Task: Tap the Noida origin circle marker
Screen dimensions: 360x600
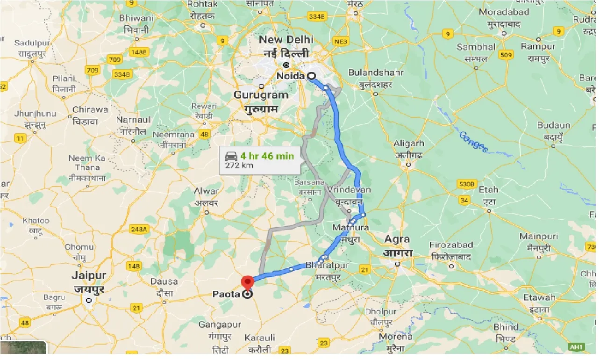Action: point(311,76)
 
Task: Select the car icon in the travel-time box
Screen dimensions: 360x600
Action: point(231,156)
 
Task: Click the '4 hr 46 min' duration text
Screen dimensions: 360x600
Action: point(267,156)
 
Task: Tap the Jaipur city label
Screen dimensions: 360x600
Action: point(89,275)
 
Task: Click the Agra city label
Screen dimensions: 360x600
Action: point(397,239)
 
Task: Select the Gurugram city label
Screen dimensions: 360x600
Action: point(261,95)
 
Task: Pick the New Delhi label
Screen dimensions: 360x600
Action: point(286,40)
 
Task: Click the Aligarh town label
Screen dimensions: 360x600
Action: point(409,143)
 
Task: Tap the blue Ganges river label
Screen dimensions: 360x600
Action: point(473,142)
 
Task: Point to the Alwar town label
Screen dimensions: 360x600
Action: point(207,191)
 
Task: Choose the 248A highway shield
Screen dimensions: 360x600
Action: point(138,229)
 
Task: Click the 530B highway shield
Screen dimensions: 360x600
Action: point(466,184)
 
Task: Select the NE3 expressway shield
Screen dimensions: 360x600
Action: point(341,42)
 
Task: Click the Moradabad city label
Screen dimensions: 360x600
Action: point(504,12)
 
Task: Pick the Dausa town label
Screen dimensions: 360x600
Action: point(164,281)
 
